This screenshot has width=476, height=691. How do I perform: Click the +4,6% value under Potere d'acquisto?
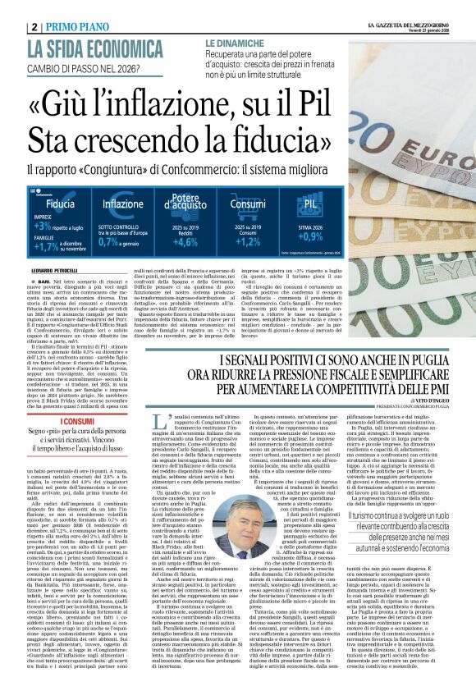[x=185, y=242]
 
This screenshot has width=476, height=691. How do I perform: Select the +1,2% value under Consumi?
[x=247, y=242]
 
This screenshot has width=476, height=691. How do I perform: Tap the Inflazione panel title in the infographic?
[x=122, y=204]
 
